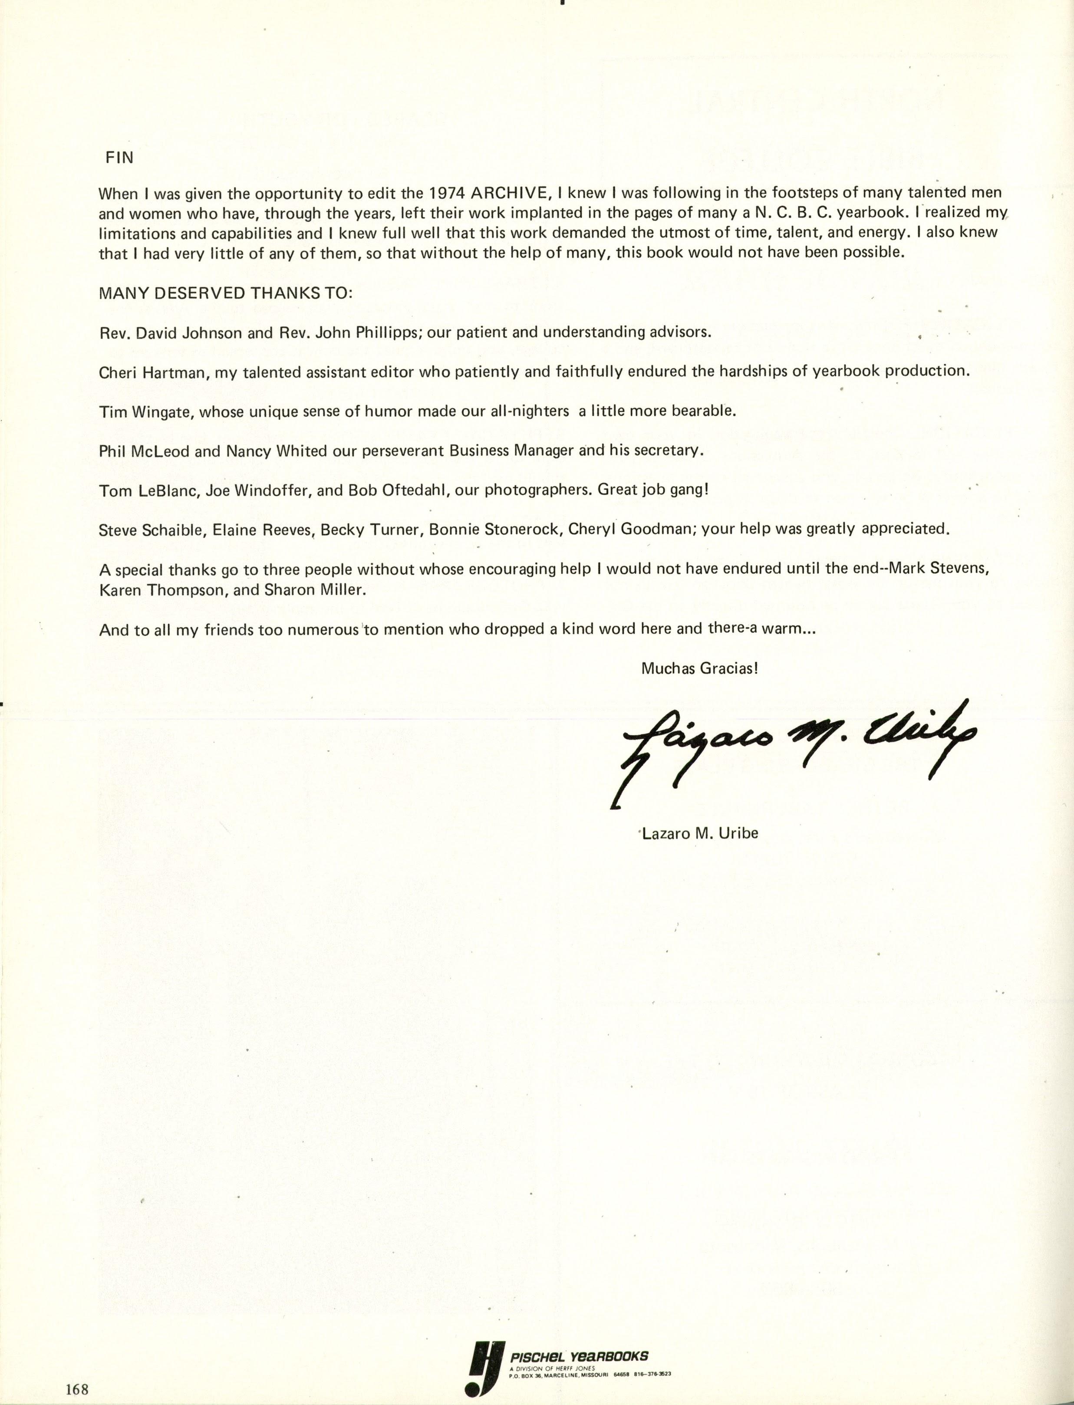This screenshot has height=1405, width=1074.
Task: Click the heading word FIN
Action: pos(119,158)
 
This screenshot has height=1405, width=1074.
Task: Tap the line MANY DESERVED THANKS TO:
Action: pos(225,293)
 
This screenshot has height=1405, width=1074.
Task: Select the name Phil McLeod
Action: pos(144,451)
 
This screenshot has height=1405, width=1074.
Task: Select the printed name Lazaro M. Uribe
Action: pos(700,833)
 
